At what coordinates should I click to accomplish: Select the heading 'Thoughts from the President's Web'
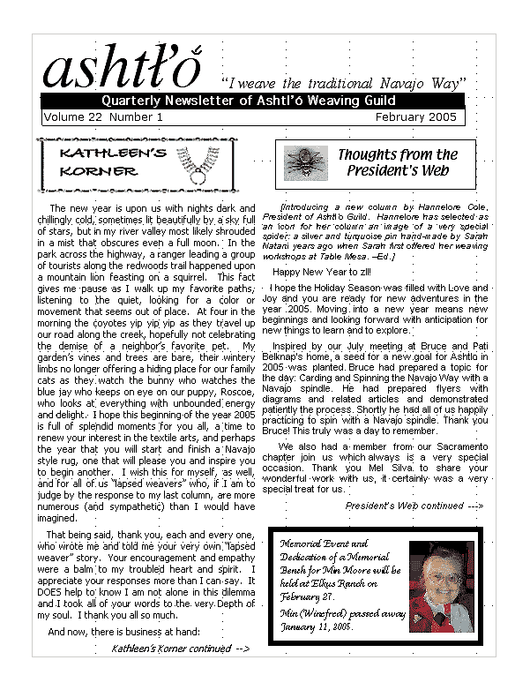pos(398,162)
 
